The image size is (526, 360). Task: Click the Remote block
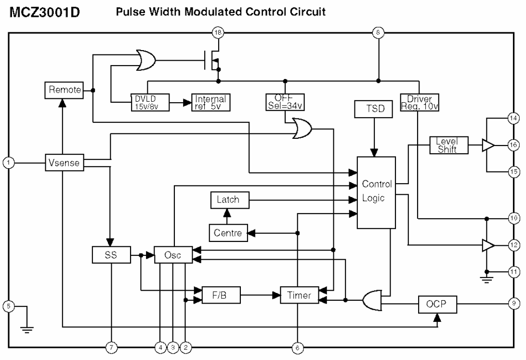pyautogui.click(x=63, y=90)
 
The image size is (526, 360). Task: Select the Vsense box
pyautogui.click(x=63, y=162)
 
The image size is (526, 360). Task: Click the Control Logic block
pyautogui.click(x=376, y=192)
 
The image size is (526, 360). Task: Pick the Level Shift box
pyautogui.click(x=449, y=145)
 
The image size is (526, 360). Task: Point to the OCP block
pyautogui.click(x=437, y=304)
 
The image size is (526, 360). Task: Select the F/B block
pyautogui.click(x=221, y=295)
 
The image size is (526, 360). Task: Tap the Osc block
pyautogui.click(x=172, y=255)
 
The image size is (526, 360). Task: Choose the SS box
pyautogui.click(x=111, y=255)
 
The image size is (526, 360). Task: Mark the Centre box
pyautogui.click(x=228, y=233)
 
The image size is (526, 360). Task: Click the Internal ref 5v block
pyautogui.click(x=210, y=102)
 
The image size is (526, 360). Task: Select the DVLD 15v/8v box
pyautogui.click(x=148, y=102)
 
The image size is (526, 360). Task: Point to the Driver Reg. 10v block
pyautogui.click(x=419, y=102)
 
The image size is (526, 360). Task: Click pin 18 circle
pyautogui.click(x=219, y=33)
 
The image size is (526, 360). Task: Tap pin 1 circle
pyautogui.click(x=8, y=162)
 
